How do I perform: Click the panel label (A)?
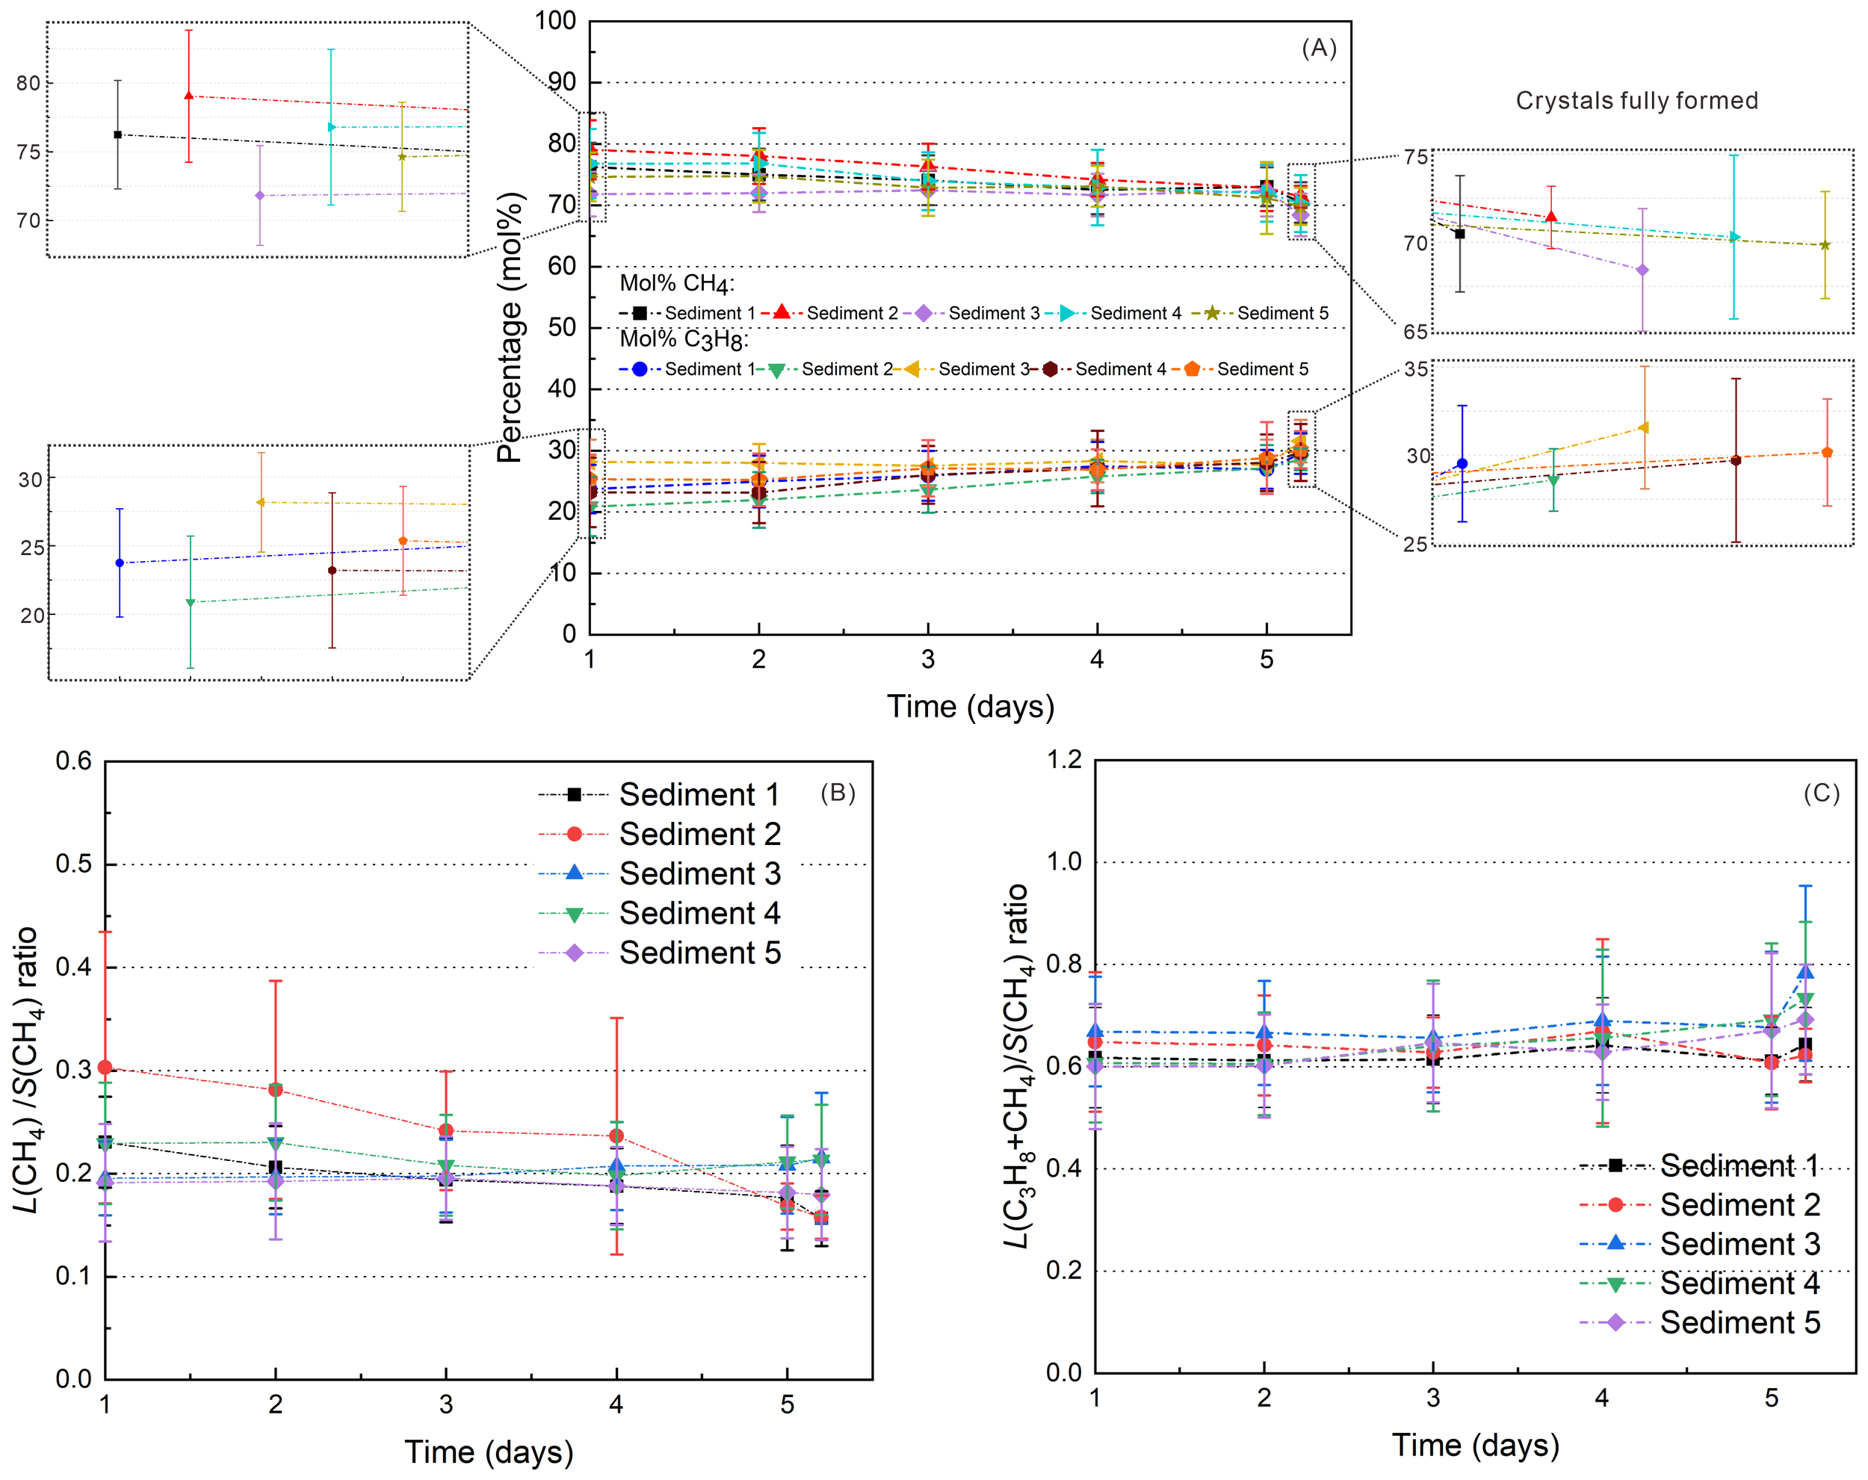coord(1319,49)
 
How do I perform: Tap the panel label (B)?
coord(838,793)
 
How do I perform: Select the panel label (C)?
coord(1821,793)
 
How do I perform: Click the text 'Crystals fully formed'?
coord(1636,102)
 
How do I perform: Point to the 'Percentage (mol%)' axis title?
coord(510,327)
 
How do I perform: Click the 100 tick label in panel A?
coord(554,21)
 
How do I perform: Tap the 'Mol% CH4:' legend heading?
coord(677,283)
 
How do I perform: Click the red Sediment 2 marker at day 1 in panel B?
coord(105,1068)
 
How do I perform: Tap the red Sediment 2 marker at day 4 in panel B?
coord(616,1136)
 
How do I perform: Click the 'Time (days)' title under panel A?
coord(971,707)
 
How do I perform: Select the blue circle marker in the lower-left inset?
coord(120,563)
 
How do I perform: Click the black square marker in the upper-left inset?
coord(118,135)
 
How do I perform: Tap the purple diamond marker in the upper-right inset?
coord(1642,270)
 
